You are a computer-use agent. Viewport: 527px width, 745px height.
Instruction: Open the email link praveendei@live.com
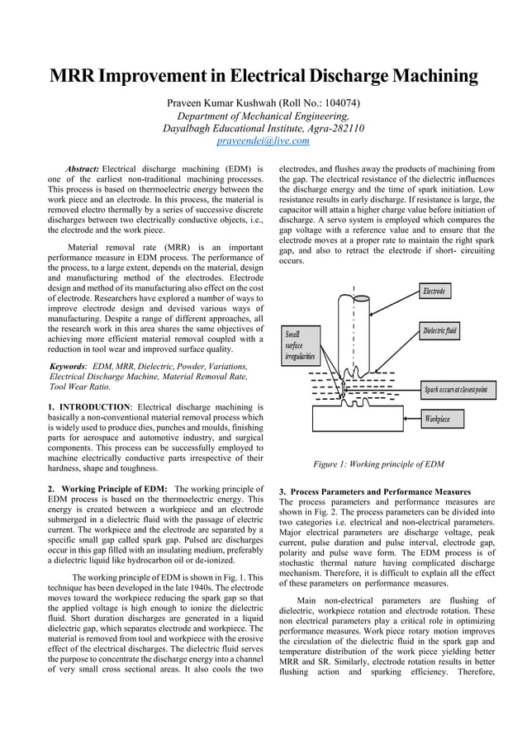pyautogui.click(x=263, y=141)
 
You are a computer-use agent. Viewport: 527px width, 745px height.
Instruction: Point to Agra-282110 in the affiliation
pyautogui.click(x=327, y=128)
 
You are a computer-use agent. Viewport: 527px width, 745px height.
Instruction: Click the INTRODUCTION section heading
pyautogui.click(x=93, y=407)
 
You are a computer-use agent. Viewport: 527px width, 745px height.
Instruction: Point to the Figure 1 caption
pyautogui.click(x=378, y=464)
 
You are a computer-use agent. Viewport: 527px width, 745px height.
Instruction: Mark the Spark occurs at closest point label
pyautogui.click(x=455, y=389)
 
